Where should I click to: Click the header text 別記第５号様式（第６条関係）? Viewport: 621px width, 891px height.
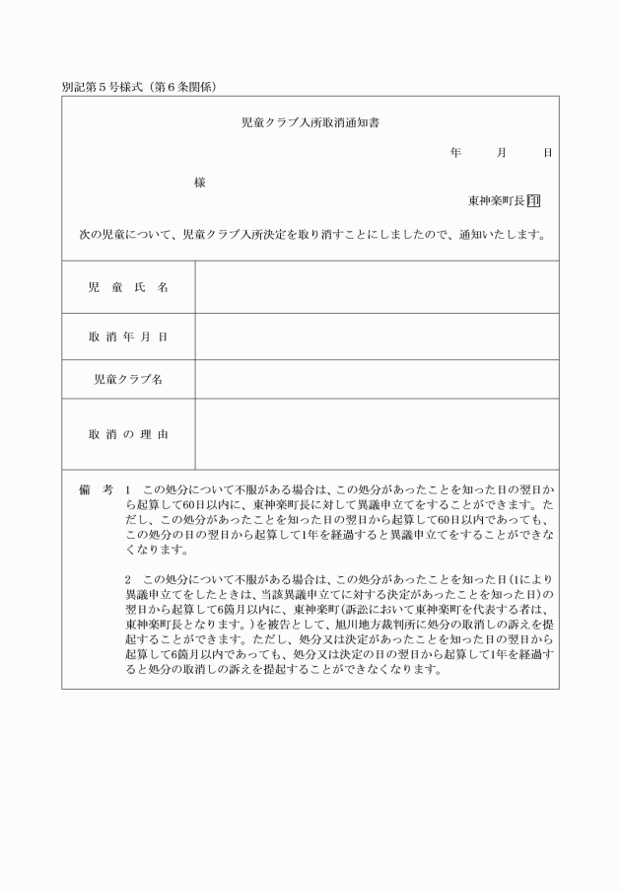(x=139, y=87)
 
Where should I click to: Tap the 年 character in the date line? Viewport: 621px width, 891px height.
(x=455, y=154)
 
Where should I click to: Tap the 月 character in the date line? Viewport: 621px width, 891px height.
(x=502, y=154)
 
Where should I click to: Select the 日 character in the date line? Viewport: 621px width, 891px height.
(x=547, y=154)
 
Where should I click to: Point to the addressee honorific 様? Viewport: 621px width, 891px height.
(x=200, y=183)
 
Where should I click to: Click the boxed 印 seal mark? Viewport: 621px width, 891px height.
(x=533, y=200)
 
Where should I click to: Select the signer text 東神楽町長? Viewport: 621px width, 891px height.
(x=497, y=200)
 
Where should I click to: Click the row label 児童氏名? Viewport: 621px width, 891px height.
(x=128, y=287)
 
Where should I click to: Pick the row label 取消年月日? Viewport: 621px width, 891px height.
(x=128, y=337)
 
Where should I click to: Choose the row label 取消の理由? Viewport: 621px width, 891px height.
(x=128, y=434)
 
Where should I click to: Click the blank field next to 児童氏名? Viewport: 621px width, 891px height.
(x=377, y=287)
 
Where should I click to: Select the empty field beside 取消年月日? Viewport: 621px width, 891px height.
(x=377, y=337)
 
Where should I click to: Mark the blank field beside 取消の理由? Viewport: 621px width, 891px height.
(x=377, y=434)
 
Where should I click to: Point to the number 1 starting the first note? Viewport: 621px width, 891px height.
(x=128, y=489)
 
